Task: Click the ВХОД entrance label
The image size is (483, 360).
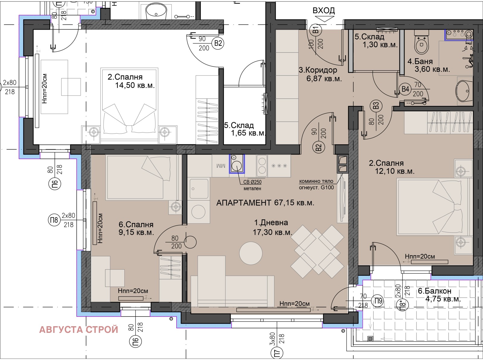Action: pyautogui.click(x=324, y=10)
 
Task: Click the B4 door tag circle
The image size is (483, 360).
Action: pyautogui.click(x=405, y=89)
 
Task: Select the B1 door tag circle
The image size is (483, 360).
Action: pyautogui.click(x=316, y=30)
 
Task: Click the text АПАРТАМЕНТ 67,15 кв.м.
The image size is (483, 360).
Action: pyautogui.click(x=265, y=202)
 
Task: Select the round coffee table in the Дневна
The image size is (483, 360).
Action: pyautogui.click(x=251, y=253)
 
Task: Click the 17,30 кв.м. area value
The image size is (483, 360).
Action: pyautogui.click(x=272, y=232)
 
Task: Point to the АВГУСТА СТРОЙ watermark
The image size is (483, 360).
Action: pyautogui.click(x=78, y=330)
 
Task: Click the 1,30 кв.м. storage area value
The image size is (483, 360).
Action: pyautogui.click(x=380, y=45)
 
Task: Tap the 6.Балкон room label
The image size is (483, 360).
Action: pyautogui.click(x=435, y=291)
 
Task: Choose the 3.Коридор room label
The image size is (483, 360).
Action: pyautogui.click(x=318, y=70)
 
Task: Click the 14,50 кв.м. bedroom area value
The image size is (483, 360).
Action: pyautogui.click(x=135, y=85)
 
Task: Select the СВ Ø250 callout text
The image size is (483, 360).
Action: pyautogui.click(x=252, y=182)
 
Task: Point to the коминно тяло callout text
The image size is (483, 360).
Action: pyautogui.click(x=316, y=181)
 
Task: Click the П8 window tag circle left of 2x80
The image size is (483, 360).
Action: pyautogui.click(x=54, y=220)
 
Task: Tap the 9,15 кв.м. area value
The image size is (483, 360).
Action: pyautogui.click(x=136, y=232)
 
